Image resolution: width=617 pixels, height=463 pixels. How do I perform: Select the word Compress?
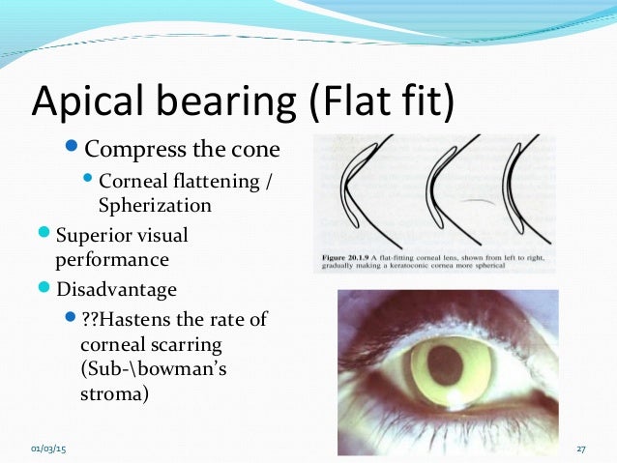pos(137,150)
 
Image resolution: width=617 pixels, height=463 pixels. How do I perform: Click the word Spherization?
pos(154,205)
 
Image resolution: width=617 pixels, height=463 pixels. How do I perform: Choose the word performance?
pos(112,259)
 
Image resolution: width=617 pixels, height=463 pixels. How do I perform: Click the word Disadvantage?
pos(118,288)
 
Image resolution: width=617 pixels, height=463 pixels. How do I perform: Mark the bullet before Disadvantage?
pos(46,287)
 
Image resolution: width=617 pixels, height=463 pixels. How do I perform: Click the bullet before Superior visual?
pos(46,234)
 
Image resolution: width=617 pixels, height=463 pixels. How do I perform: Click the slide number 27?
pos(581,449)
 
